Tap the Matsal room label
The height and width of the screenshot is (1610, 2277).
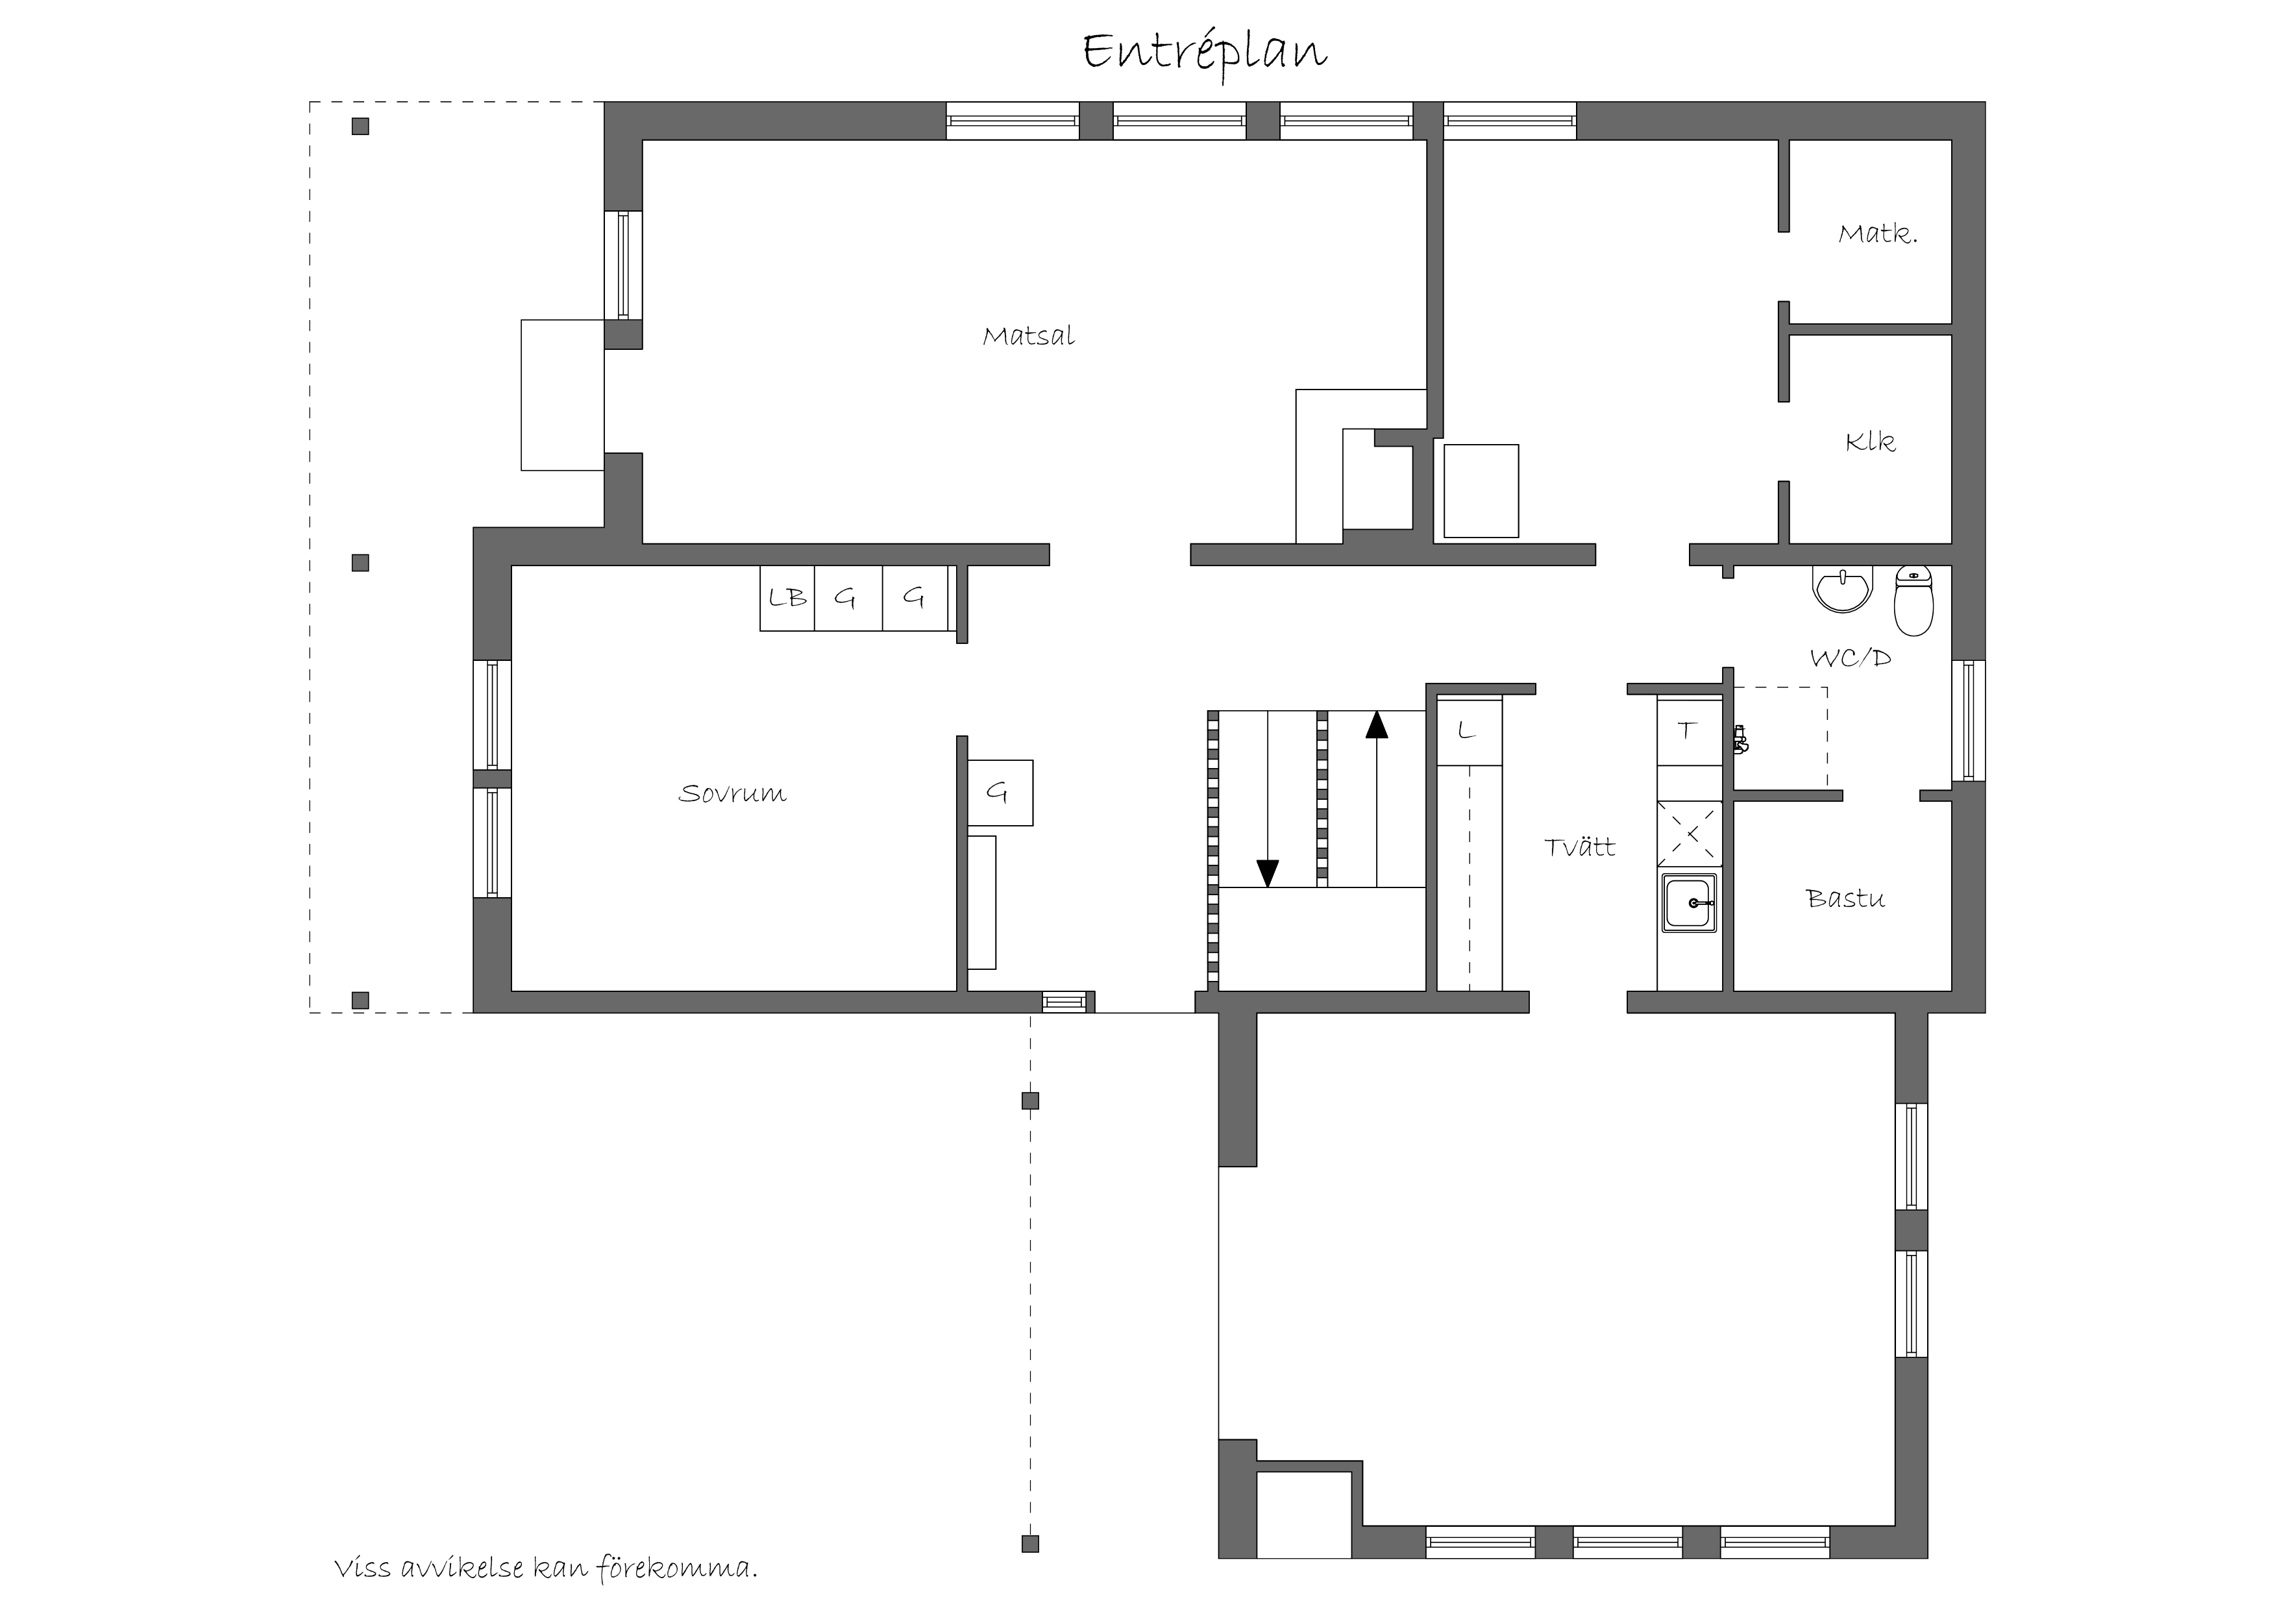[x=1028, y=336]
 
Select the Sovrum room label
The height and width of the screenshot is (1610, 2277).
[x=733, y=793]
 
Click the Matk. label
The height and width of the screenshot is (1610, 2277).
[x=1877, y=234]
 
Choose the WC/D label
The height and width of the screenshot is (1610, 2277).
[x=1851, y=658]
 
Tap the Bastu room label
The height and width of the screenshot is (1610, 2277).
[x=1845, y=898]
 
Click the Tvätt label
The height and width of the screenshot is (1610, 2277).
[x=1580, y=847]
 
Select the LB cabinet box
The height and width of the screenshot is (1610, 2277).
[x=787, y=598]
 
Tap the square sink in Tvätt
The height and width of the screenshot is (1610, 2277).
[x=1690, y=904]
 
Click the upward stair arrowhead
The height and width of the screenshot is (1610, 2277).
[x=1377, y=725]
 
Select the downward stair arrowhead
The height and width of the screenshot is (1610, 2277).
[x=1268, y=873]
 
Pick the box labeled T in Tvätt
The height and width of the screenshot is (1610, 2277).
[x=1689, y=731]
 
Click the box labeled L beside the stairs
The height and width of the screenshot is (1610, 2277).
[x=1470, y=731]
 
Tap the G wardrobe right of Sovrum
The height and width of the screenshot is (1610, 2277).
[x=1000, y=793]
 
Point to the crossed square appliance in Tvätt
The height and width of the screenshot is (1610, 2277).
[x=1690, y=834]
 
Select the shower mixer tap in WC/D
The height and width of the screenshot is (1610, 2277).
[x=1740, y=739]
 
